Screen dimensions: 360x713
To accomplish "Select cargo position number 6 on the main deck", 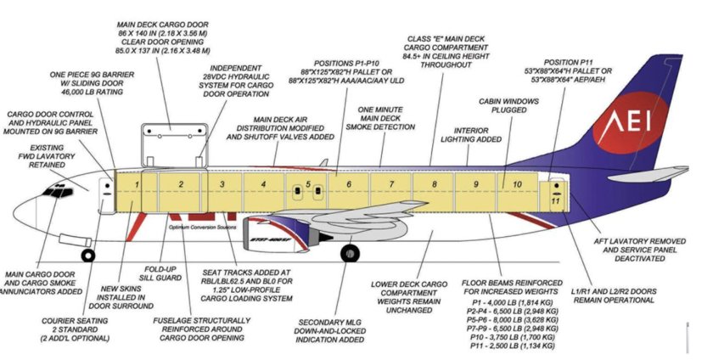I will coord(348,183).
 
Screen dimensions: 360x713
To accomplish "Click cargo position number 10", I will coord(517,183).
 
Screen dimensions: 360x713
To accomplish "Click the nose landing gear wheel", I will coord(87,254).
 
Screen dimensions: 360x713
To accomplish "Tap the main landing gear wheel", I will coord(349,253).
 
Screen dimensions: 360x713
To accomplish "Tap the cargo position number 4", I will coord(263,183).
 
